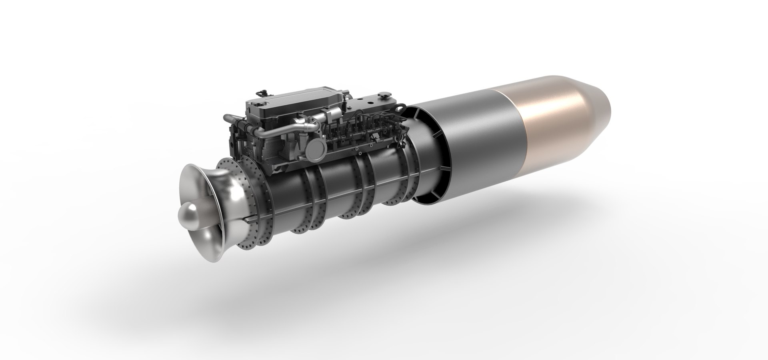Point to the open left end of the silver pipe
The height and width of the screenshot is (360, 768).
[226, 118]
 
